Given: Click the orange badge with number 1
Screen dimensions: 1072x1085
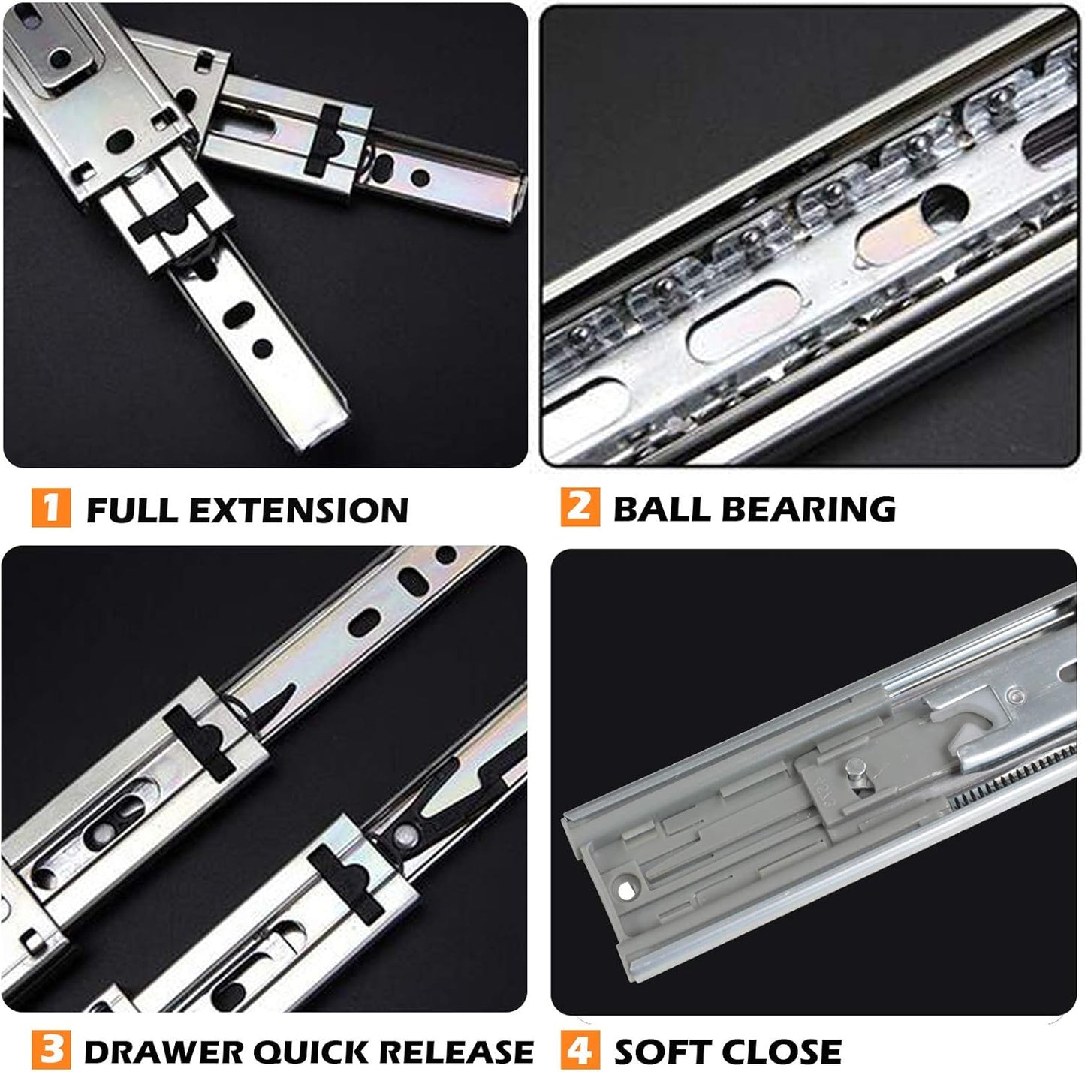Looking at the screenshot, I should pos(51,507).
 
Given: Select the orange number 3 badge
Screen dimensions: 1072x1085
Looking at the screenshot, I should pos(51,1049).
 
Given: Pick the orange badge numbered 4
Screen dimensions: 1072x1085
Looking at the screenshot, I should pos(580,1049).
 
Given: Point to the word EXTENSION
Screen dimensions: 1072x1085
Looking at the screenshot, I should pos(298,510).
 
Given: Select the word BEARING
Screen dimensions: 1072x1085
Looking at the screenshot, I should pos(809,509).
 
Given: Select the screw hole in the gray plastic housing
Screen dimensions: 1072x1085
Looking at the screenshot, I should pos(625,891).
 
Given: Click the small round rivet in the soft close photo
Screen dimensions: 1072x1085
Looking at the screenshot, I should pos(1014,695).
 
